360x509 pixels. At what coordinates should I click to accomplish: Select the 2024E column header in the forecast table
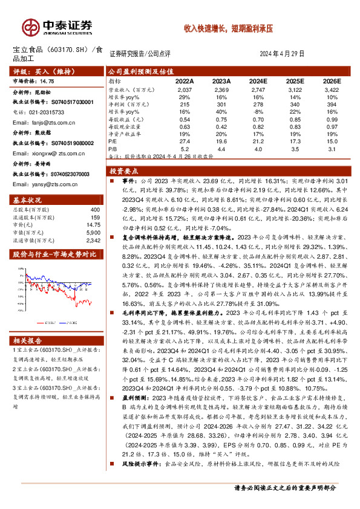click(258, 80)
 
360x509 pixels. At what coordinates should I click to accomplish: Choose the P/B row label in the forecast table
click(113, 148)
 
